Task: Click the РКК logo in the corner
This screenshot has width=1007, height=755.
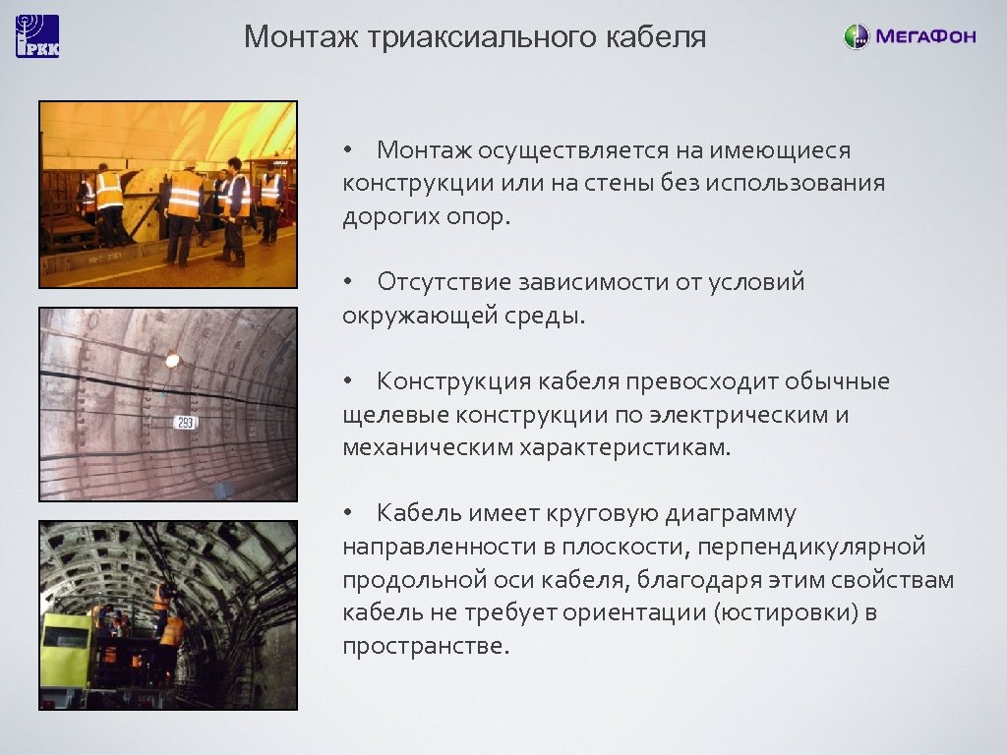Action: [x=37, y=36]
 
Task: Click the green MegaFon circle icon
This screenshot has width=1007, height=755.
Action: [x=857, y=37]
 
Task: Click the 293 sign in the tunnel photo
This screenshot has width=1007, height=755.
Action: [x=185, y=422]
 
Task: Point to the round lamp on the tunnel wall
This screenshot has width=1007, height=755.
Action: [x=173, y=361]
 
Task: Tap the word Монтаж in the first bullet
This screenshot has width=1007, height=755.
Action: [x=425, y=151]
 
